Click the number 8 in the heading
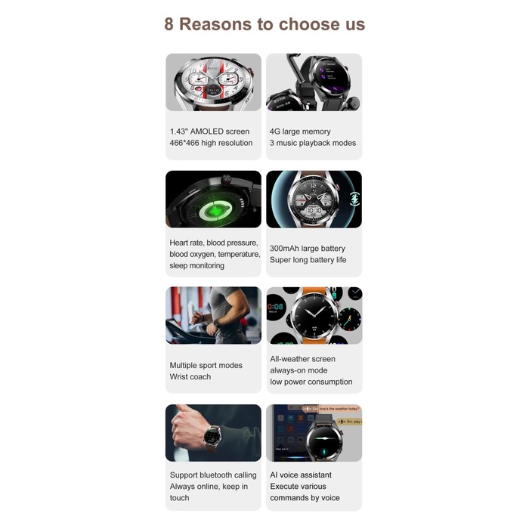coord(169,24)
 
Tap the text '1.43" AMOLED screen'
coord(209,131)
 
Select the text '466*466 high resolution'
coord(211,143)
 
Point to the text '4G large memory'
coord(300,131)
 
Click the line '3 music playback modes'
coord(313,143)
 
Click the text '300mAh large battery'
coord(308,249)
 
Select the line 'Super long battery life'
coord(308,260)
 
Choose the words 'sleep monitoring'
coord(197,266)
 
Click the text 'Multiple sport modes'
coord(206,366)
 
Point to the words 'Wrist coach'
coord(190,377)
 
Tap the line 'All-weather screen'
coord(303,359)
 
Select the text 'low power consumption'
coord(311,382)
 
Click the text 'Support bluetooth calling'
coord(213,475)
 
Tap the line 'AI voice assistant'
coord(301,475)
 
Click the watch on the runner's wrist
coord(215,323)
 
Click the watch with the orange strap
coord(313,314)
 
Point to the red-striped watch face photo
coord(213,82)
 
